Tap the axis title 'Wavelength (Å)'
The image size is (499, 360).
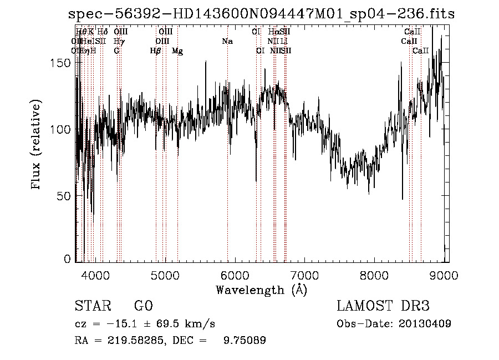click(x=261, y=290)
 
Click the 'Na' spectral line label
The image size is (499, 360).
click(x=227, y=41)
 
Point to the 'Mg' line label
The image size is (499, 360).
click(x=177, y=51)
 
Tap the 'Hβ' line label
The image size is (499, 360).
click(x=156, y=51)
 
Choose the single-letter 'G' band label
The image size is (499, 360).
click(x=116, y=51)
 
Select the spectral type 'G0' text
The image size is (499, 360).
click(x=143, y=306)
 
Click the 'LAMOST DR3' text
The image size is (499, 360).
click(x=383, y=306)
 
